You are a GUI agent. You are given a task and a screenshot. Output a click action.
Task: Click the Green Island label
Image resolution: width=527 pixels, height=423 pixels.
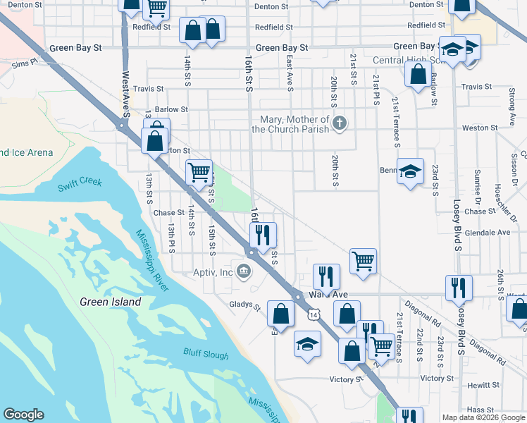(110, 302)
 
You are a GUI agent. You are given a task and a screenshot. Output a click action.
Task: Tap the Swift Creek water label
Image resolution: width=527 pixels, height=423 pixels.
(80, 185)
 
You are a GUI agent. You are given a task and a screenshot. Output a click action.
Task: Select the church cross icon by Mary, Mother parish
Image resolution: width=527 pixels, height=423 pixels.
(340, 124)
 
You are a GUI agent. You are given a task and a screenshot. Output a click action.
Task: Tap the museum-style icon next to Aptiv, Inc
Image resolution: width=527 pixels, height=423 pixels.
(244, 271)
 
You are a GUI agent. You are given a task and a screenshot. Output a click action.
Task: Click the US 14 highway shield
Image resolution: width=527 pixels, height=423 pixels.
(311, 315)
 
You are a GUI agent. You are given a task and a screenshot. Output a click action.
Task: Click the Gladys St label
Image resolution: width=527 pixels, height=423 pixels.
(245, 307)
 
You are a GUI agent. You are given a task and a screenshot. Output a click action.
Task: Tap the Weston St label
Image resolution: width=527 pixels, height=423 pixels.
(479, 128)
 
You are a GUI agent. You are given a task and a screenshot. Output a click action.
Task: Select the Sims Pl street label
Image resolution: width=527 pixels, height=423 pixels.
(24, 64)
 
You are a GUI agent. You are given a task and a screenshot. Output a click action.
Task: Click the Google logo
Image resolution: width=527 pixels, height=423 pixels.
(23, 415)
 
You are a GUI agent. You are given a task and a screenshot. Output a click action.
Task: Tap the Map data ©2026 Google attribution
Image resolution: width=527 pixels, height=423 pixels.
(483, 417)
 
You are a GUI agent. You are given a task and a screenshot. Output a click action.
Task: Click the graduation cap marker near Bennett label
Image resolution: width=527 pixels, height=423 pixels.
(410, 171)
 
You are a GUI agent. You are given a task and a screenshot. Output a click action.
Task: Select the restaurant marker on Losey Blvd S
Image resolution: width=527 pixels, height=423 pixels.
(458, 287)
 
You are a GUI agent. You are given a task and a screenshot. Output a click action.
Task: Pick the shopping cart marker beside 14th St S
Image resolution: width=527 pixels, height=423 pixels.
(199, 171)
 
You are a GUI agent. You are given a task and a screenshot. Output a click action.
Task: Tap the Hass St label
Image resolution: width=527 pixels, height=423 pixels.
(479, 409)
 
